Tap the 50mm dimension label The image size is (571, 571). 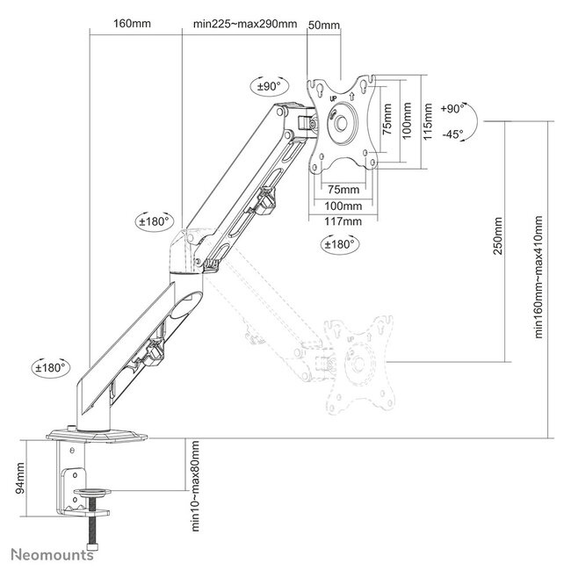point(324,25)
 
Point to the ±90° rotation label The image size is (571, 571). point(268,86)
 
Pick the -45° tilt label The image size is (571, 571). point(453,134)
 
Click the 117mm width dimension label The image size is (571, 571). point(343,220)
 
